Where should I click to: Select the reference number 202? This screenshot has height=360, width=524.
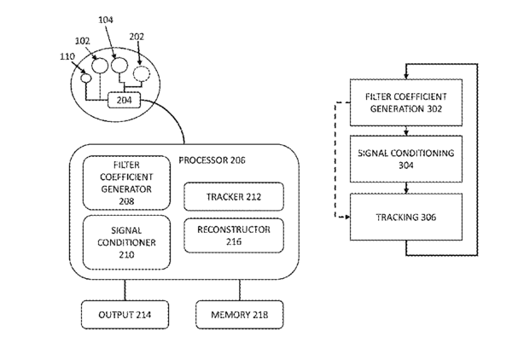[x=137, y=37]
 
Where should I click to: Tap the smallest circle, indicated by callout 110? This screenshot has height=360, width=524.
[x=86, y=78]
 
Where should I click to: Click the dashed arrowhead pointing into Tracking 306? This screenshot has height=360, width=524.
[x=347, y=217]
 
